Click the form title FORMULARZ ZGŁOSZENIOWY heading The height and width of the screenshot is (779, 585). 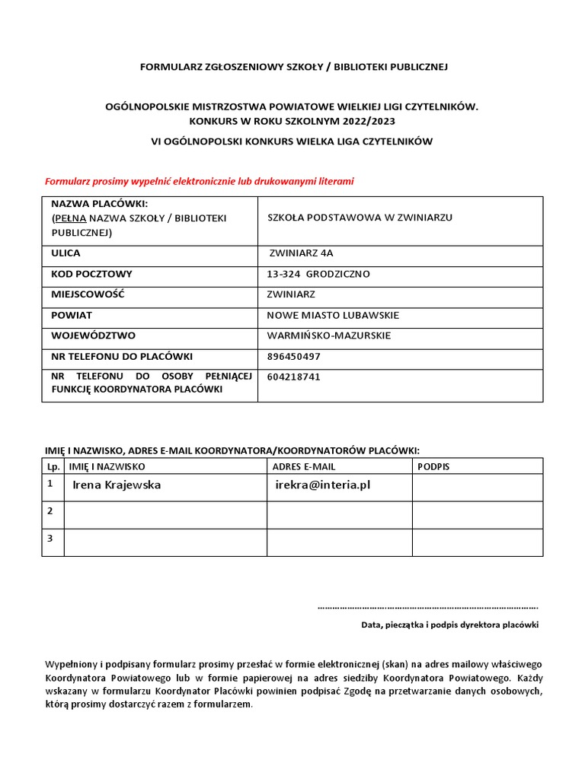pyautogui.click(x=293, y=67)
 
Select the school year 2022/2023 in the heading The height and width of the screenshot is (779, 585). pyautogui.click(x=369, y=121)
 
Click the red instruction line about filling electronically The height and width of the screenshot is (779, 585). pyautogui.click(x=200, y=182)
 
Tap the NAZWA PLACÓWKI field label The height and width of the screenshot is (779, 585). pyautogui.click(x=99, y=205)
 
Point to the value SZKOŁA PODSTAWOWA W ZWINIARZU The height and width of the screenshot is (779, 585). pyautogui.click(x=360, y=218)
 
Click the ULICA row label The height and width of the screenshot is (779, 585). pyautogui.click(x=66, y=253)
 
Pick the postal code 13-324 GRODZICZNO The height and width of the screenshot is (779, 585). pyautogui.click(x=318, y=274)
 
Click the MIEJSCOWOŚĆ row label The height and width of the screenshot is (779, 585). pyautogui.click(x=88, y=294)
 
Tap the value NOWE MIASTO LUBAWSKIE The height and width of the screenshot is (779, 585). pyautogui.click(x=333, y=315)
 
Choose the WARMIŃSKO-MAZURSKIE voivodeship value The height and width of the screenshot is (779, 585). pyautogui.click(x=329, y=335)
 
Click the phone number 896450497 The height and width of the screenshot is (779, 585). pyautogui.click(x=294, y=356)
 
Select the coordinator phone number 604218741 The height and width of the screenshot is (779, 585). pyautogui.click(x=294, y=377)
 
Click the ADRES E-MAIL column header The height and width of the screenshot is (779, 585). pyautogui.click(x=303, y=466)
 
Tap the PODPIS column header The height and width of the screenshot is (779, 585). pyautogui.click(x=433, y=466)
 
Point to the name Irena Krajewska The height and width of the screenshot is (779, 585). pyautogui.click(x=117, y=485)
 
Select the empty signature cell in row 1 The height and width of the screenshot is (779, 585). pyautogui.click(x=477, y=488)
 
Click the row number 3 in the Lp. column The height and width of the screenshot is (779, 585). pyautogui.click(x=50, y=539)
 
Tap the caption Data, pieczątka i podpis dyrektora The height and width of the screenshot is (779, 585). pyautogui.click(x=449, y=625)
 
